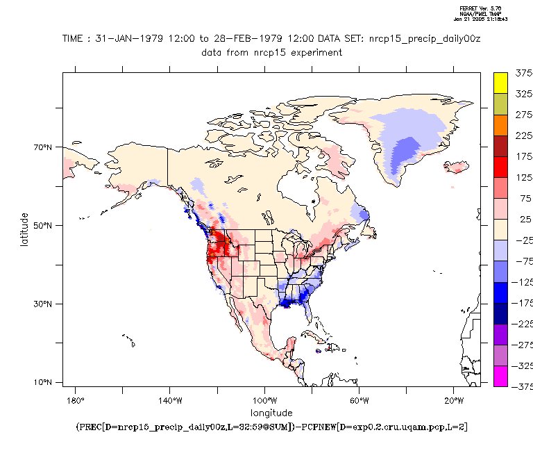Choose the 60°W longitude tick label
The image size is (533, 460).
(359, 401)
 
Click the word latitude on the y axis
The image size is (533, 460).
(24, 226)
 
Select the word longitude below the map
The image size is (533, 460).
(271, 413)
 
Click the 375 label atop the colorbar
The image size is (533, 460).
(523, 72)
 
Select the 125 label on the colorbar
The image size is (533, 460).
(523, 177)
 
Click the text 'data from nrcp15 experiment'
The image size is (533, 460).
(271, 52)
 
